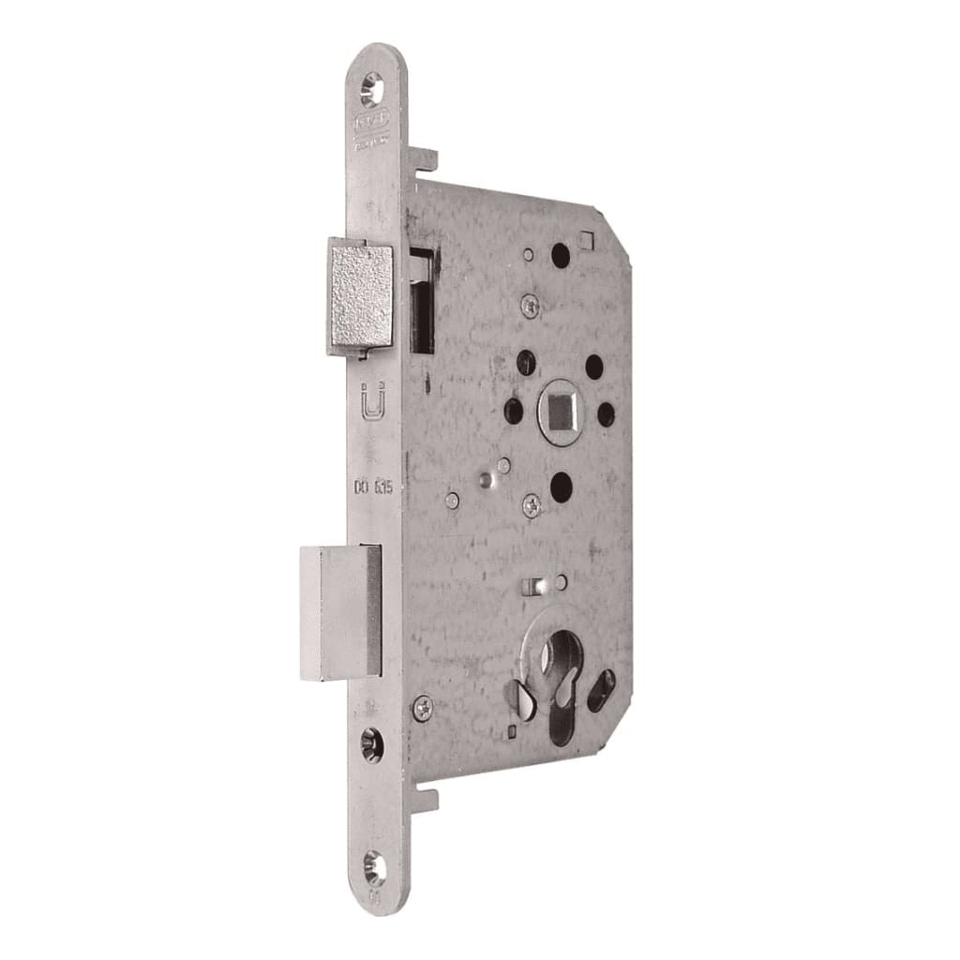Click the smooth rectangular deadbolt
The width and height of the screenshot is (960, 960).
(x=339, y=612)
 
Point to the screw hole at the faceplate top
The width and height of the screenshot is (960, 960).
(x=371, y=89)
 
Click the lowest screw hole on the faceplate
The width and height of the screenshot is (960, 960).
(x=375, y=869)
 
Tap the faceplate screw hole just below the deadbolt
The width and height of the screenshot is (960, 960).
(x=371, y=745)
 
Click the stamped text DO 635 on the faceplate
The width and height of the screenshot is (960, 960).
(x=372, y=487)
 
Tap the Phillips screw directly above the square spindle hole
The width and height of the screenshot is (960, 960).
(x=532, y=303)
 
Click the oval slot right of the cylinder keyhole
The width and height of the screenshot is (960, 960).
(x=600, y=690)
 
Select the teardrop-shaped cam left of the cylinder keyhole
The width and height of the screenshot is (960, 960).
(x=518, y=696)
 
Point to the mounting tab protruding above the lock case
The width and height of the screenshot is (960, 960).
(x=425, y=158)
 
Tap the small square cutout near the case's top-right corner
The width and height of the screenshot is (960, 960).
(x=588, y=241)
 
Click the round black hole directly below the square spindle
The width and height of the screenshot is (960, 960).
(x=561, y=485)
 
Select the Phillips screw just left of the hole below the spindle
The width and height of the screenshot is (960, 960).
(x=532, y=506)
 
